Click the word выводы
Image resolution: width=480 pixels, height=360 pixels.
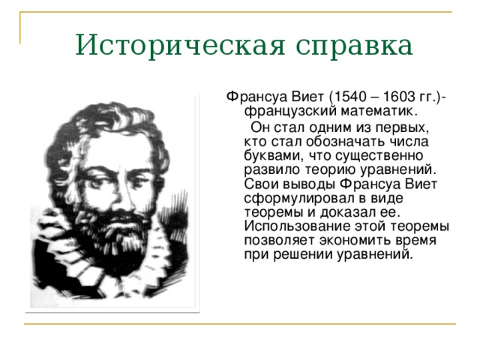307,185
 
